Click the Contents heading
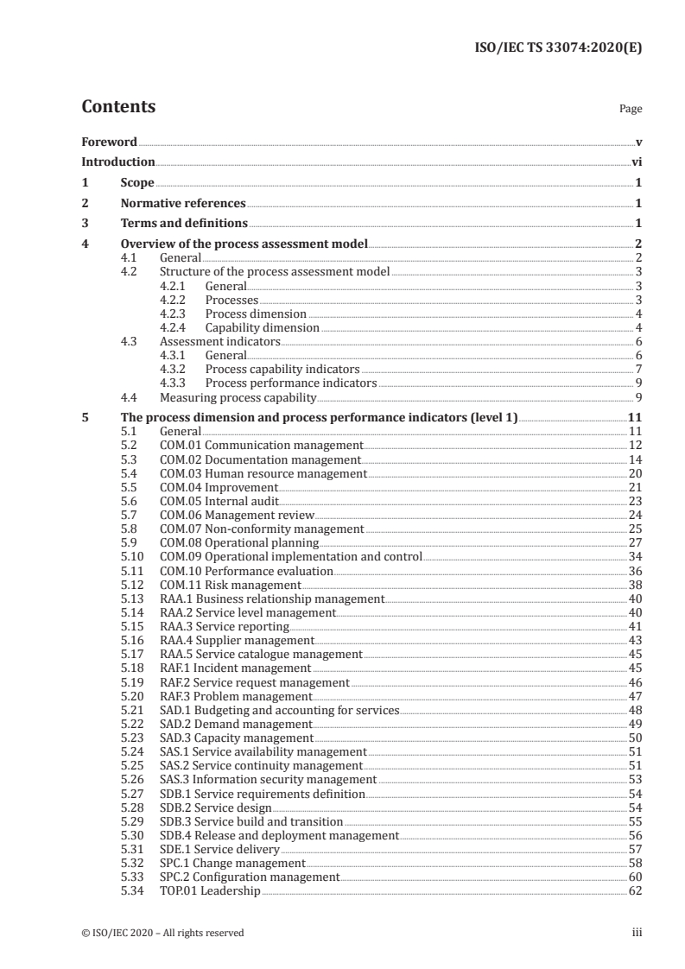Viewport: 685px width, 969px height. click(118, 107)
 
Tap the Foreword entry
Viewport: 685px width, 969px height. click(109, 142)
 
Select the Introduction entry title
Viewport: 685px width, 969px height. click(118, 161)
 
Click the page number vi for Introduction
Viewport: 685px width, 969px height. click(636, 161)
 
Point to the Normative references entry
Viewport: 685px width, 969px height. click(183, 204)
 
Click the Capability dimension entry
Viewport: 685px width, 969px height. click(263, 327)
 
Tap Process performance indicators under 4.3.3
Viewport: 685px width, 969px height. click(291, 383)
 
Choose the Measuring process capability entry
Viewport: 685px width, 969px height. click(238, 397)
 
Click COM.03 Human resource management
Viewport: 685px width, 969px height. click(263, 474)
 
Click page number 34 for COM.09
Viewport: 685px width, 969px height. click(635, 556)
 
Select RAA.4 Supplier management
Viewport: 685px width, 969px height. click(237, 640)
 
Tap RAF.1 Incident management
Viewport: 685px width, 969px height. click(234, 668)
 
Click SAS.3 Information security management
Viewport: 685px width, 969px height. click(269, 779)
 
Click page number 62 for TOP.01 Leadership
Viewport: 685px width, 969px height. click(635, 890)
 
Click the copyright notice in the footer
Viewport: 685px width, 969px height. click(162, 932)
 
